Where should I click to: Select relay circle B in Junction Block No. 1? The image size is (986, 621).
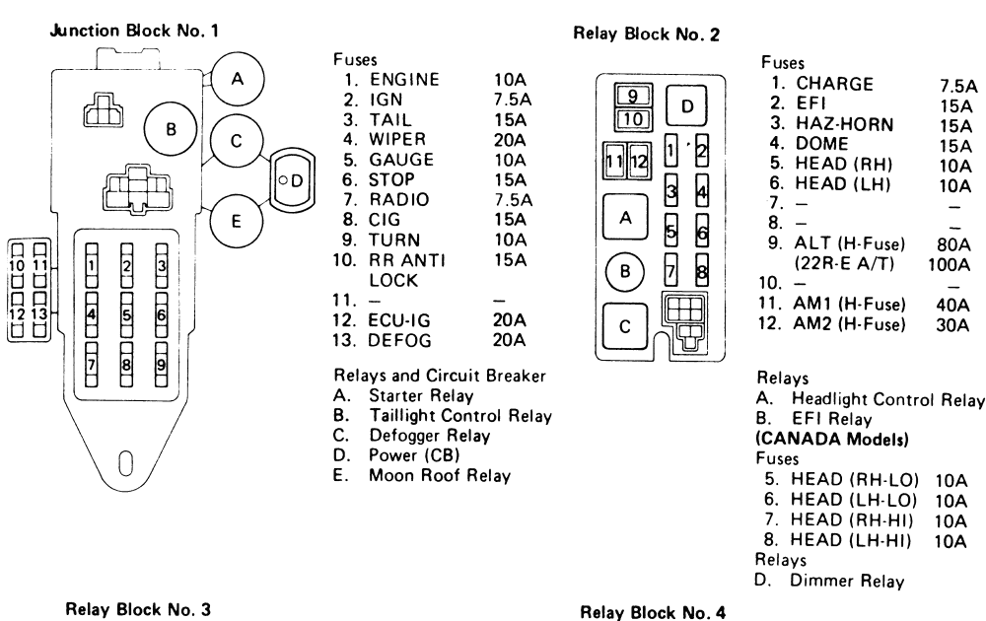[170, 128]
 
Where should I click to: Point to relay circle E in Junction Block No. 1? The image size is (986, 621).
[236, 220]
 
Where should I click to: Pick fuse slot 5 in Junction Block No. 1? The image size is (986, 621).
[127, 315]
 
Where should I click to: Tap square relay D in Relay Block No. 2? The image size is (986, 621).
[687, 105]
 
